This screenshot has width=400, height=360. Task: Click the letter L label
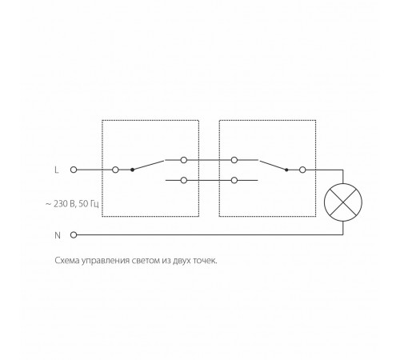(57, 170)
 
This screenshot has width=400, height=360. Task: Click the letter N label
(58, 235)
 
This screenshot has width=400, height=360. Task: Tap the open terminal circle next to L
(74, 170)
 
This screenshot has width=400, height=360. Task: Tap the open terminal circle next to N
(74, 235)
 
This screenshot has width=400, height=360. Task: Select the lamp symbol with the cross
(343, 202)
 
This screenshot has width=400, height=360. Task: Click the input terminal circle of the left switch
(115, 170)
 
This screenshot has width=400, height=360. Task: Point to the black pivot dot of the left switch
(132, 170)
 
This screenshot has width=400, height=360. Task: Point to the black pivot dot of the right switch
(286, 170)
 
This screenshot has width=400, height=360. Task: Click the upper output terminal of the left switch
(184, 160)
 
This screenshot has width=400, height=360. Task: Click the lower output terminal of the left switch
(184, 180)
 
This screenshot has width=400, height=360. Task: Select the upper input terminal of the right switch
(234, 160)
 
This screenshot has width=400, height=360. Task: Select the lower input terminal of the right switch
(234, 180)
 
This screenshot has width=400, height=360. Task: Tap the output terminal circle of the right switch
(302, 170)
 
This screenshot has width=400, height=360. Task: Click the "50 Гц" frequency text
(89, 204)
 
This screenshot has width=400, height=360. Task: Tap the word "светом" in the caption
(146, 261)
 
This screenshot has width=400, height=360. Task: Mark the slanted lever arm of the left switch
(148, 165)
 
